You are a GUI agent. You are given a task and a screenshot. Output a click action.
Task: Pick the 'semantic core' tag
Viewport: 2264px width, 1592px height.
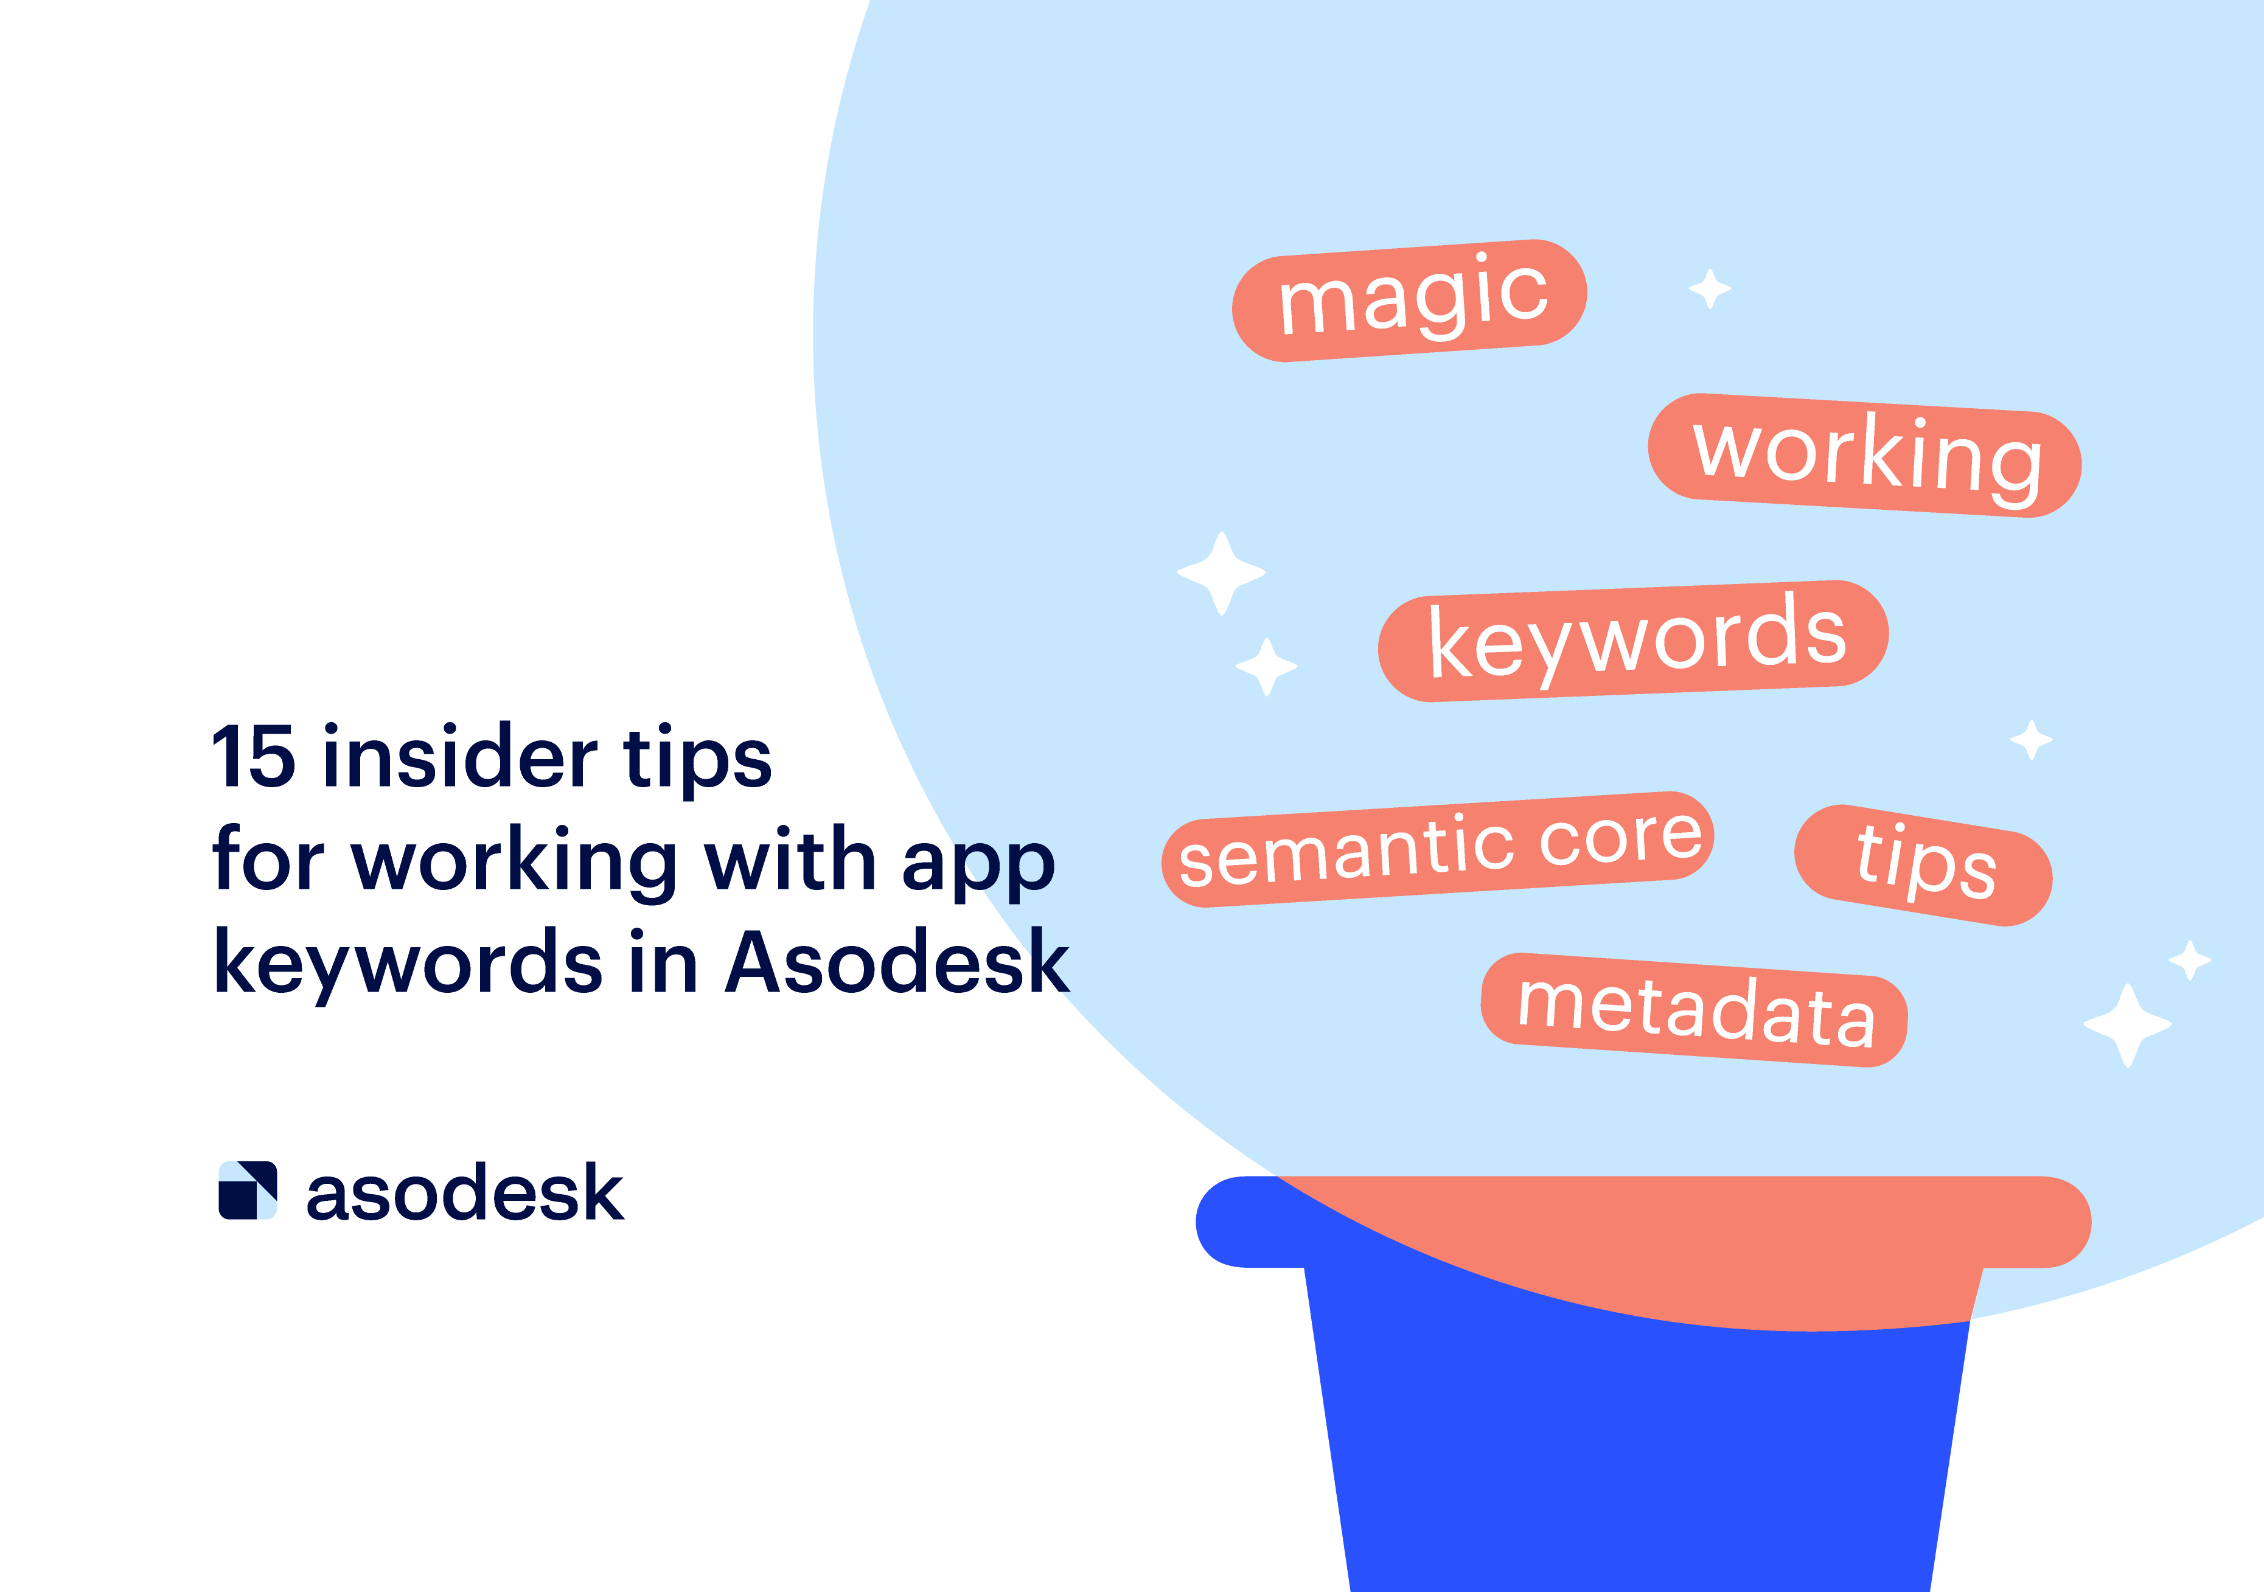[1438, 849]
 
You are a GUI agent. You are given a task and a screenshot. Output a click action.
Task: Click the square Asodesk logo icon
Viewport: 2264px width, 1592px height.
[248, 1191]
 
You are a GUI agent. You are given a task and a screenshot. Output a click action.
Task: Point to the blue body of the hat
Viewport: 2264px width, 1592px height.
[1637, 1459]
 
